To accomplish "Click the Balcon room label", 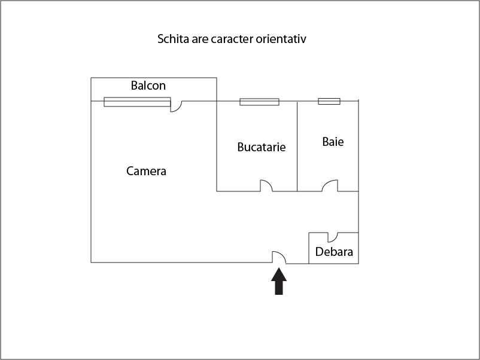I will (148, 86).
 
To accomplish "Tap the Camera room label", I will (146, 171).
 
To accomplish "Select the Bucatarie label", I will (261, 147).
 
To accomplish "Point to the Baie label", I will (333, 142).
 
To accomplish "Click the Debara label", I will (334, 252).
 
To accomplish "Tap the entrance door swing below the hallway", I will (279, 258).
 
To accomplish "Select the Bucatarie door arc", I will (266, 186).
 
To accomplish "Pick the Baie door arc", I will (329, 187).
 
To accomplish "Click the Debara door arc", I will (332, 237).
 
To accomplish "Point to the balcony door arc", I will (176, 106).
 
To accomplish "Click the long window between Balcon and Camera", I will (137, 102).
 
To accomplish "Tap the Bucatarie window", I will (259, 102).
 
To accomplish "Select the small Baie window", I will (329, 101).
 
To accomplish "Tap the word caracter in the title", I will (232, 39).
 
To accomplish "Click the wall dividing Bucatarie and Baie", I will (297, 147).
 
